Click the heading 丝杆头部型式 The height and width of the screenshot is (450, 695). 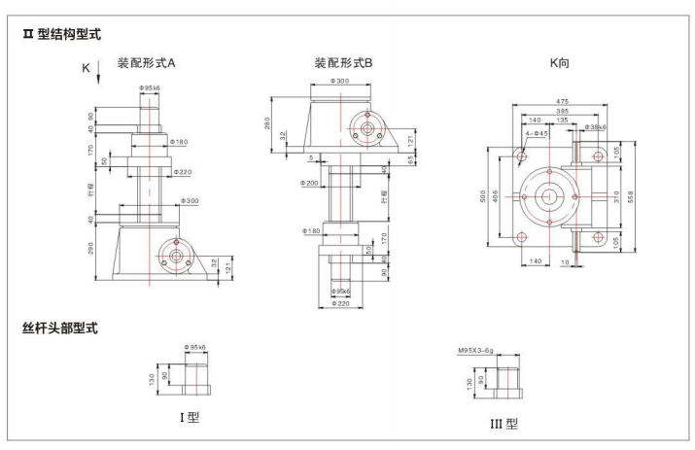click(59, 329)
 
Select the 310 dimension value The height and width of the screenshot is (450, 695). click(619, 194)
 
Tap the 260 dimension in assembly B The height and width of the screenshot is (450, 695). click(268, 123)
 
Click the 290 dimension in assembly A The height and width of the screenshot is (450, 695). click(91, 251)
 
